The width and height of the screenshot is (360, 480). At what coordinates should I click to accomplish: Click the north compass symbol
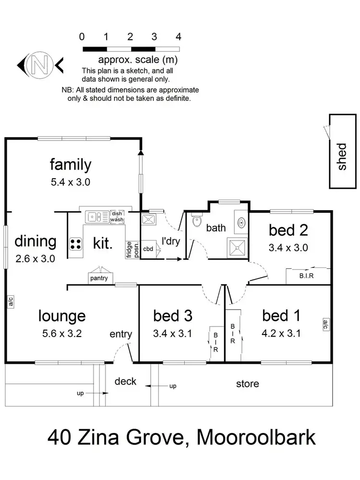(x=40, y=63)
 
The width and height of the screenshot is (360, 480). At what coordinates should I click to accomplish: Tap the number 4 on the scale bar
(x=179, y=36)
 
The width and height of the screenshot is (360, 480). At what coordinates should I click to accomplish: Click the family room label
(x=71, y=165)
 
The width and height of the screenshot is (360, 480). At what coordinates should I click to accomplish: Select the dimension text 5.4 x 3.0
(x=71, y=182)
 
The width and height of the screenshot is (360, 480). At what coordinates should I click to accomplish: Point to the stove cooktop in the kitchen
(x=76, y=243)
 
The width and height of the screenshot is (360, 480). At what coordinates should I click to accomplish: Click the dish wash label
(x=117, y=217)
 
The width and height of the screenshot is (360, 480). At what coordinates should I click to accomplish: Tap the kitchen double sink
(x=97, y=217)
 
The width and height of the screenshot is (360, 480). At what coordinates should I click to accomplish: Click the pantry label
(x=99, y=278)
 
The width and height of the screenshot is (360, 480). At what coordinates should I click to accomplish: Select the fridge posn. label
(x=130, y=249)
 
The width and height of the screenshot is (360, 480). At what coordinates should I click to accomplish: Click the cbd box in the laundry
(x=148, y=249)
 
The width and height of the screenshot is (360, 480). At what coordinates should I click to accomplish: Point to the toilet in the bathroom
(x=196, y=222)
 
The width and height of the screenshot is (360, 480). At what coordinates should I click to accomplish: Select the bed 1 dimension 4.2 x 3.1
(x=281, y=333)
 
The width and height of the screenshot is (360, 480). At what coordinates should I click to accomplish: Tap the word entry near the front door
(x=120, y=334)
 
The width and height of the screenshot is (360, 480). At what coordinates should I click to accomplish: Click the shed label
(x=342, y=156)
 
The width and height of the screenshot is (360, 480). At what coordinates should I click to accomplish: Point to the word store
(x=247, y=384)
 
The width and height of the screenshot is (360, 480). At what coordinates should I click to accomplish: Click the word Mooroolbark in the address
(x=256, y=438)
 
